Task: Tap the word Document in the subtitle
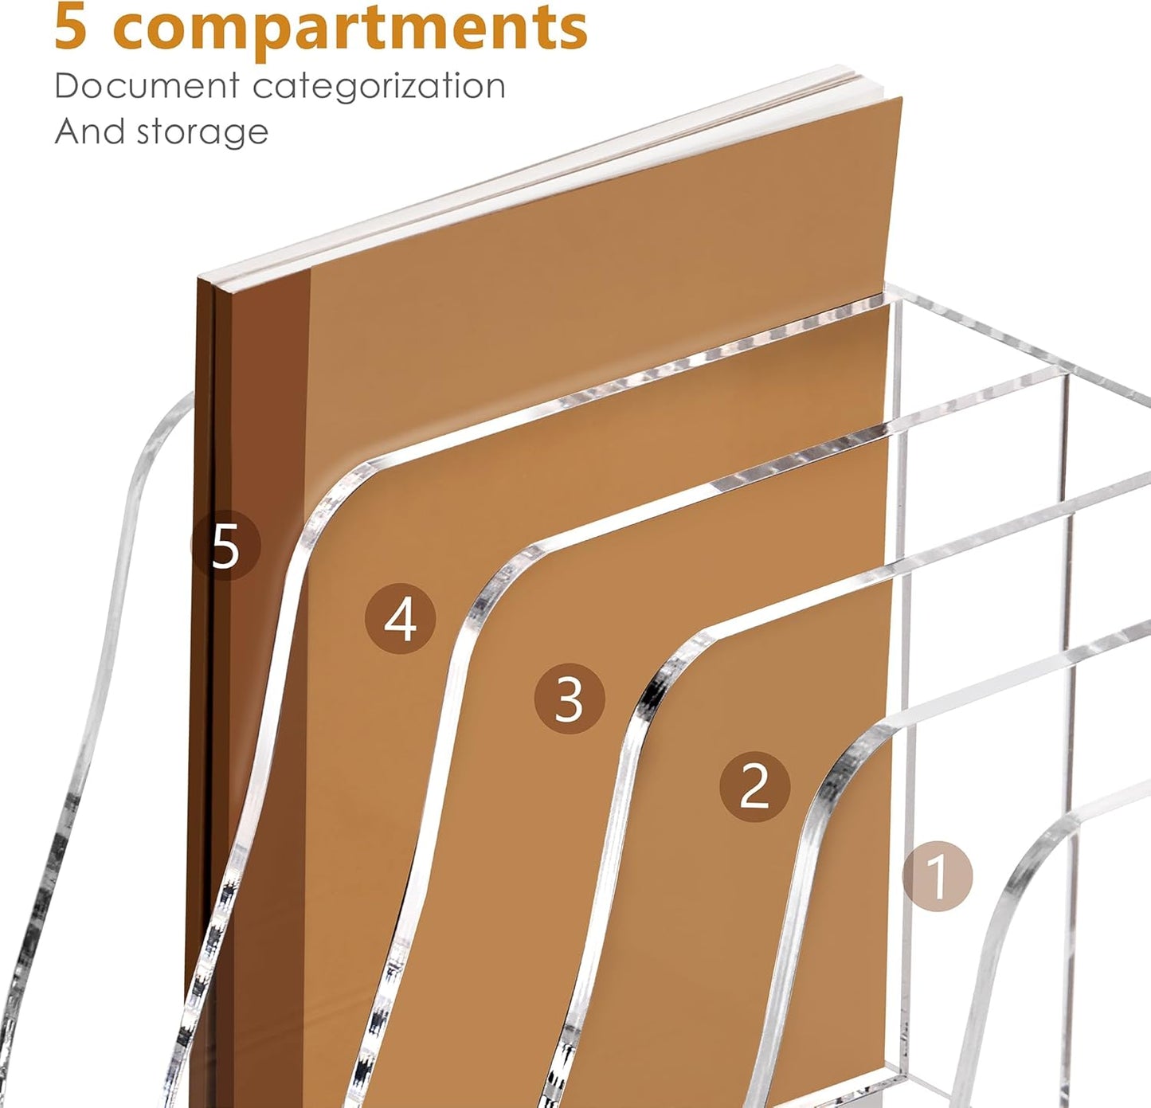(147, 86)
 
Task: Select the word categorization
(379, 86)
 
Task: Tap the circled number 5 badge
(225, 546)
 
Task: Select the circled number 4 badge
(400, 619)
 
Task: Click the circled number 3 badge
(569, 699)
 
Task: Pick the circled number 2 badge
(754, 786)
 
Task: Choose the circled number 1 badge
(938, 875)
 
